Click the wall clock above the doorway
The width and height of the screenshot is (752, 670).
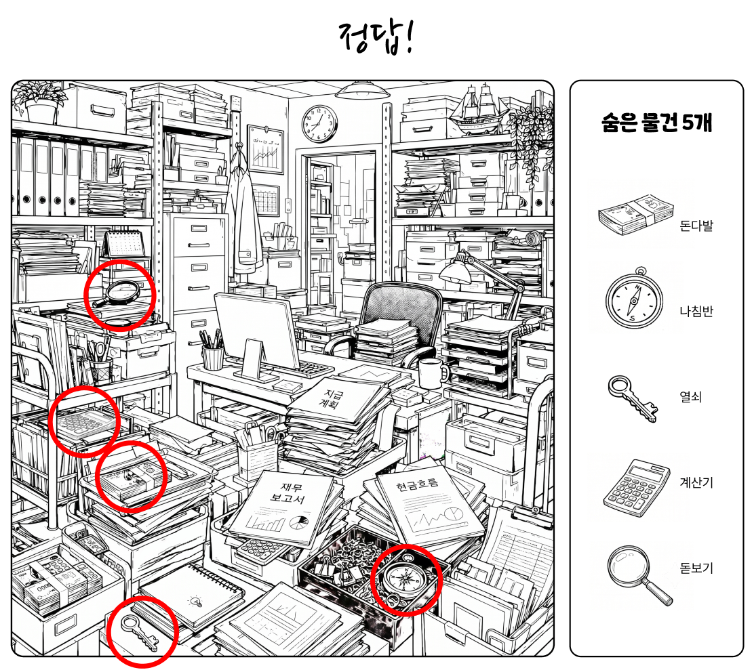319,124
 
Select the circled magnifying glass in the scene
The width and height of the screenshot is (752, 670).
118,293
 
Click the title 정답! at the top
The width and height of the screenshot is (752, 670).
376,37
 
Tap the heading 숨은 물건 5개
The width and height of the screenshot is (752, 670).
656,123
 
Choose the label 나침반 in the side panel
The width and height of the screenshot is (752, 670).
696,311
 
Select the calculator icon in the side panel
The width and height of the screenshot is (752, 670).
637,487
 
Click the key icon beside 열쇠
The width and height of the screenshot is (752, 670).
633,398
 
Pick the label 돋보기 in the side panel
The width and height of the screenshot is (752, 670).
696,568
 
